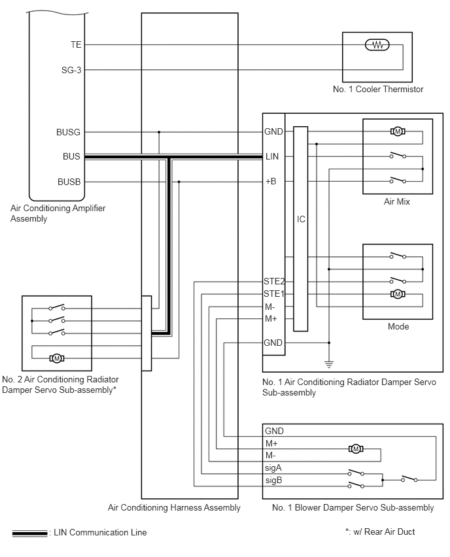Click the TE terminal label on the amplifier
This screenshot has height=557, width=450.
[x=76, y=44]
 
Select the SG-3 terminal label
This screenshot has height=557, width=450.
[x=71, y=70]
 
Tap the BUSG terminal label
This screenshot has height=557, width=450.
[x=68, y=132]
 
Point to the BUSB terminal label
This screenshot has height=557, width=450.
[x=69, y=182]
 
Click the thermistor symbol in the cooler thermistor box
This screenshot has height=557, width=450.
[x=377, y=45]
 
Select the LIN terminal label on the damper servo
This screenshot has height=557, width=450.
[x=272, y=156]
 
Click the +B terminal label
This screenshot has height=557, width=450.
[x=271, y=182]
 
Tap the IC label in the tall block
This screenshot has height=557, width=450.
[x=301, y=219]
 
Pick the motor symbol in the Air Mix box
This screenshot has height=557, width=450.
[x=398, y=131]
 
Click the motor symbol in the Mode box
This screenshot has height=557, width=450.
[x=398, y=294]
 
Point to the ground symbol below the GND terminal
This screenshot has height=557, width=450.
[x=329, y=363]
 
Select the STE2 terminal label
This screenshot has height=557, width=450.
[x=274, y=281]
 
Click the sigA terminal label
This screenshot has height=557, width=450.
[x=273, y=468]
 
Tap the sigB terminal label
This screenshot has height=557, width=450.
[x=273, y=481]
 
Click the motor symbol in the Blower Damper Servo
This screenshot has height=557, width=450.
[x=356, y=449]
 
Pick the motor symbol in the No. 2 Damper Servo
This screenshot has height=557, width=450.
[x=57, y=358]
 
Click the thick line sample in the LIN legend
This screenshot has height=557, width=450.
[x=30, y=533]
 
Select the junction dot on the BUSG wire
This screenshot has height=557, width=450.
[x=159, y=132]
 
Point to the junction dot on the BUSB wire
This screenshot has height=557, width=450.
[x=179, y=182]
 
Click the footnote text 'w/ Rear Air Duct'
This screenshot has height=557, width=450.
[x=385, y=532]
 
